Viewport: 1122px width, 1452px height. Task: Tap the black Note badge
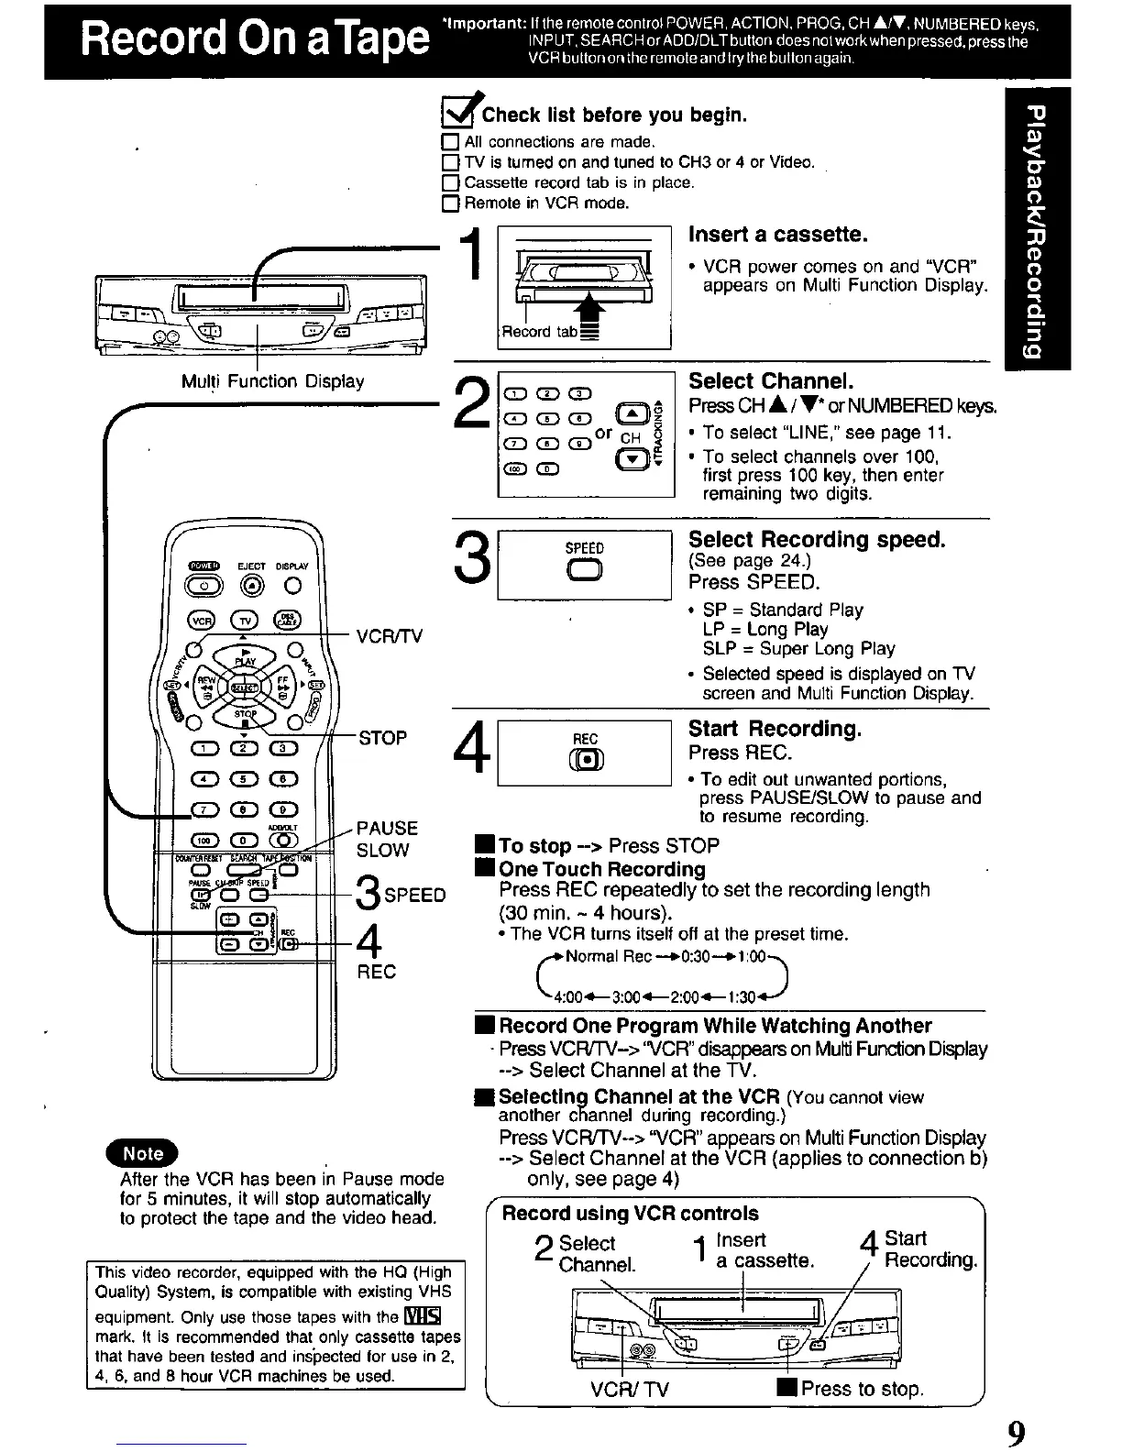[143, 1154]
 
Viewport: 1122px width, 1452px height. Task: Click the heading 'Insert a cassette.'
[777, 235]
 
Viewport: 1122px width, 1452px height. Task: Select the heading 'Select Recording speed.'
[816, 539]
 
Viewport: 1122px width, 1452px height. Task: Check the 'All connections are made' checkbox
[449, 142]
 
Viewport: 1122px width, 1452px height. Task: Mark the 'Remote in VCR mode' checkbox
[449, 203]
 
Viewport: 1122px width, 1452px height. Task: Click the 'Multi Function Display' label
[272, 381]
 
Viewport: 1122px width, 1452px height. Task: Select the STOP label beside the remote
[382, 738]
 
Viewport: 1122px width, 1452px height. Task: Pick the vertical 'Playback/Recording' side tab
[1037, 228]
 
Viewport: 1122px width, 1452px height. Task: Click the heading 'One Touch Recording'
[601, 869]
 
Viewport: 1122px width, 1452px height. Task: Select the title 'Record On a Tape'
[254, 40]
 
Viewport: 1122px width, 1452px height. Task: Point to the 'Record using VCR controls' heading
[630, 1214]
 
